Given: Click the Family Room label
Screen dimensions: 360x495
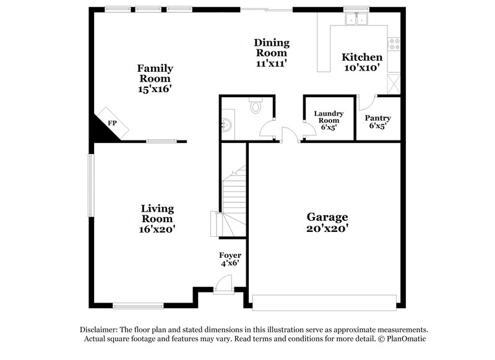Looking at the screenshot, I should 155,73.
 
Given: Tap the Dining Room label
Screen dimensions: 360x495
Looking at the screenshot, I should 272,47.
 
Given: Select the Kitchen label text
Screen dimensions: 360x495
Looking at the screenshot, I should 362,57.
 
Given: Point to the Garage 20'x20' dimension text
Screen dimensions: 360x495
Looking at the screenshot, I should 327,228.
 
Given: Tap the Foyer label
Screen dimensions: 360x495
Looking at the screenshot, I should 230,255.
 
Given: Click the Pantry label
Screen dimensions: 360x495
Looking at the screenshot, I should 377,118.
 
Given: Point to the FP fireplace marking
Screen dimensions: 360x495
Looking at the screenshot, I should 112,123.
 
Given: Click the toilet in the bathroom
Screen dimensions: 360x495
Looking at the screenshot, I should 256,106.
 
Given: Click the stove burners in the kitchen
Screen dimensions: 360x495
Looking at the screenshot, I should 394,43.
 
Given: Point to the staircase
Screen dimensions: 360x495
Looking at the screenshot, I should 234,192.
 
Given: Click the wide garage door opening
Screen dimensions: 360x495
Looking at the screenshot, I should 324,302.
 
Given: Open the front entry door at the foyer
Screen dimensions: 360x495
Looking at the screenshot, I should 222,286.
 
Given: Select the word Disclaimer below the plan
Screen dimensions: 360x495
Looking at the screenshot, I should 100,330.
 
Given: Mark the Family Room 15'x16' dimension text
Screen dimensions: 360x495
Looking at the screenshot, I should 155,88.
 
